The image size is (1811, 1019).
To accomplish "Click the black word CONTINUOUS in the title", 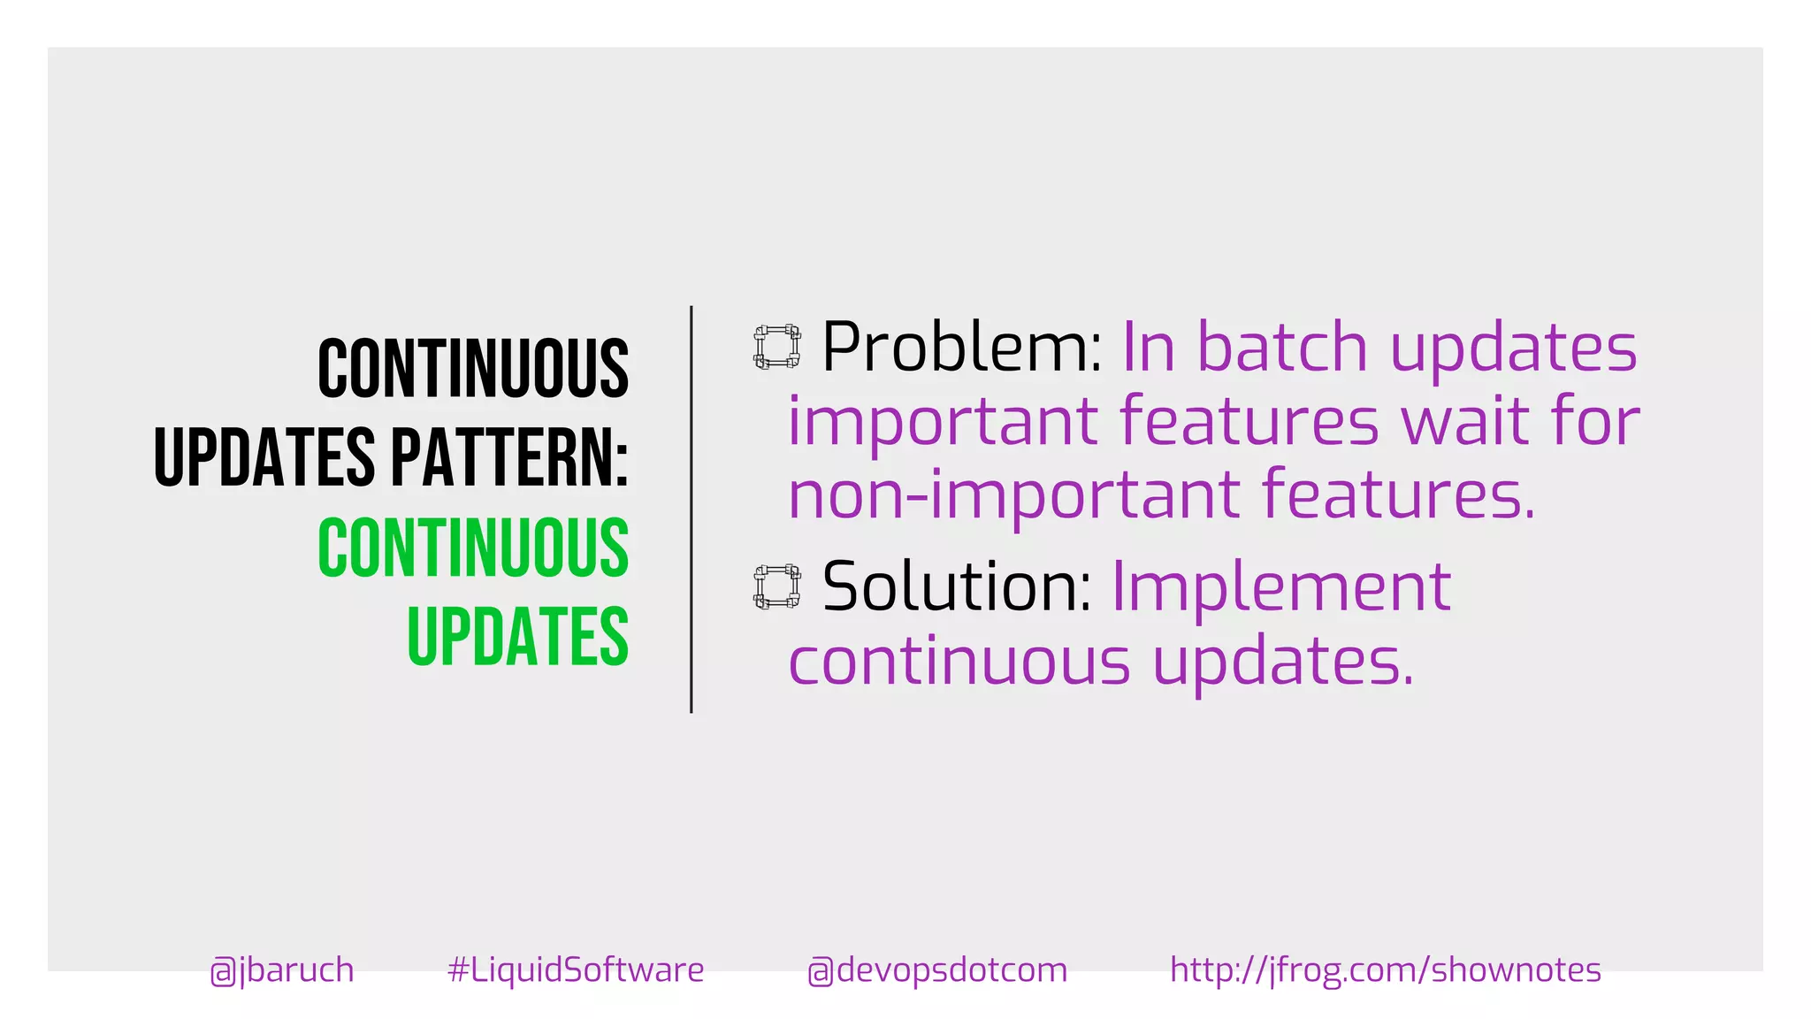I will click(x=473, y=368).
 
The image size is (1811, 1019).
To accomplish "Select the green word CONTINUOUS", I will click(x=473, y=548).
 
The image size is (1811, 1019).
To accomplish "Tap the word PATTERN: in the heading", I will click(x=509, y=457).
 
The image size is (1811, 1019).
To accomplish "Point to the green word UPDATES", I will click(x=517, y=636).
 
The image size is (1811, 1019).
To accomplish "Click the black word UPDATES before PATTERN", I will click(x=264, y=457).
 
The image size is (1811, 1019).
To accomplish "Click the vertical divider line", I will click(x=692, y=509).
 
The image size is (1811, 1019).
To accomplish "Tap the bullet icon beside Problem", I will click(x=777, y=346).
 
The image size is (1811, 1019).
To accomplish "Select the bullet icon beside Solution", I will click(x=777, y=586).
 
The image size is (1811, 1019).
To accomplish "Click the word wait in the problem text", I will click(x=1466, y=421).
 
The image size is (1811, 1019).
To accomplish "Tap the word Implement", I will click(x=1281, y=587).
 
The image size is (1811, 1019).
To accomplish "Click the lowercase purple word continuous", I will click(x=959, y=662).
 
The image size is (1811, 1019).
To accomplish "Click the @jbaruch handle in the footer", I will click(x=282, y=970).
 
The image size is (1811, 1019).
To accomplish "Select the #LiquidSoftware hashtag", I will click(x=576, y=970).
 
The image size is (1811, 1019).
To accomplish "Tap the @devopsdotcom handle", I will click(x=937, y=970).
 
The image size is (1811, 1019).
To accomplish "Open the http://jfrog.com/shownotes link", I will click(x=1385, y=970).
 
